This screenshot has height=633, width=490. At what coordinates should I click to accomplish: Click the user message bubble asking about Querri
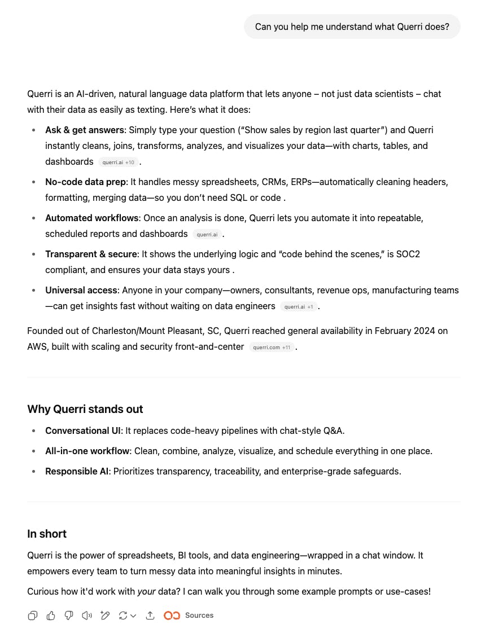click(x=352, y=27)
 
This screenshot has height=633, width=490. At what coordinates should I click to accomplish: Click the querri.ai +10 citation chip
click(x=118, y=162)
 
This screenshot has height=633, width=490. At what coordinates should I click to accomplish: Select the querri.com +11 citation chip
click(x=272, y=348)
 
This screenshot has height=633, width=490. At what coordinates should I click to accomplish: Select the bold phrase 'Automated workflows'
click(x=91, y=218)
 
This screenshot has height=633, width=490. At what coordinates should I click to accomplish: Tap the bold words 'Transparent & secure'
click(x=91, y=254)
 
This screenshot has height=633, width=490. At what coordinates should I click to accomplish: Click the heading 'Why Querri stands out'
click(x=85, y=410)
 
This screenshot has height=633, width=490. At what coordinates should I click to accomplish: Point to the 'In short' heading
click(x=47, y=534)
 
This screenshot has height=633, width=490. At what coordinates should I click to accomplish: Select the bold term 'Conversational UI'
click(x=83, y=431)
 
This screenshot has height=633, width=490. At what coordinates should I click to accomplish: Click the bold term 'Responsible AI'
click(x=77, y=472)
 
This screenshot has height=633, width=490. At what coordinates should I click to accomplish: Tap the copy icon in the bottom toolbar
click(x=33, y=616)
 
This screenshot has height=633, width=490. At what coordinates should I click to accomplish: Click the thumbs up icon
click(x=51, y=616)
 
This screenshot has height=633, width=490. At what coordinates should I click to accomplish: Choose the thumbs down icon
click(x=69, y=616)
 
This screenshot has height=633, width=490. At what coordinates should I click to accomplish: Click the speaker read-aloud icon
click(x=87, y=616)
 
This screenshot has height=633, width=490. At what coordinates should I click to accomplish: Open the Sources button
click(x=189, y=616)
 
